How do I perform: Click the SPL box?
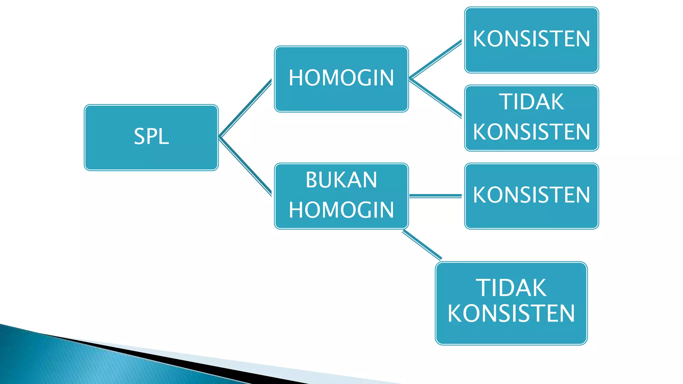click(x=151, y=137)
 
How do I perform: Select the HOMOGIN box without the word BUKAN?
click(x=341, y=79)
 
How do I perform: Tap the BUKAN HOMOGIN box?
click(x=341, y=196)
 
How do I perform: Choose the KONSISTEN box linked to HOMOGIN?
click(x=531, y=40)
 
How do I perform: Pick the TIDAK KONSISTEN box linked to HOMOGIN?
click(x=531, y=118)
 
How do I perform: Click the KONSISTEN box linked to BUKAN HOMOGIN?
click(x=531, y=196)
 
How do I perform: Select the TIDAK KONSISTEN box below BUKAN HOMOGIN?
click(x=511, y=303)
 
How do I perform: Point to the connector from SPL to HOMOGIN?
click(x=245, y=108)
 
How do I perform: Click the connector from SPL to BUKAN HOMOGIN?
click(x=245, y=166)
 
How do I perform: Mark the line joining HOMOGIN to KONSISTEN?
click(x=436, y=60)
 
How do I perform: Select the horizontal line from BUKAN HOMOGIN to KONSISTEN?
click(x=436, y=196)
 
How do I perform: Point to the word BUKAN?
click(x=341, y=180)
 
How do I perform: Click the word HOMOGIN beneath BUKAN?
click(x=341, y=210)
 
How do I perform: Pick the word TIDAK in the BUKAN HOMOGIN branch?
click(x=511, y=288)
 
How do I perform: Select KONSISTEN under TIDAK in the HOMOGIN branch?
click(x=531, y=132)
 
